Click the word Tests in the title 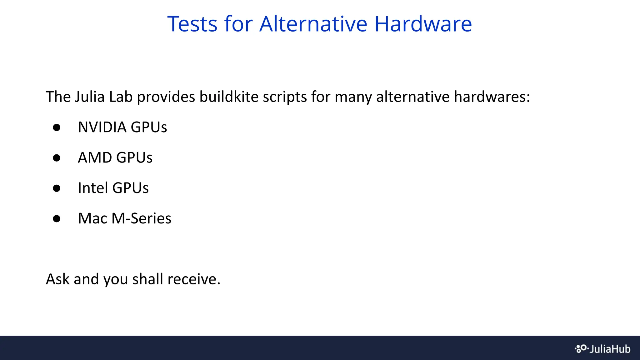coord(192,24)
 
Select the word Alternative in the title coord(313,24)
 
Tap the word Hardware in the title coord(423,24)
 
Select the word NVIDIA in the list coord(102,127)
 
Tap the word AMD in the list coord(95,157)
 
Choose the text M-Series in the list coord(141,218)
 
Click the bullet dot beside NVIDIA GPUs coord(57,127)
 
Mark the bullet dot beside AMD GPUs coord(57,158)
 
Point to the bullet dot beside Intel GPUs coord(57,188)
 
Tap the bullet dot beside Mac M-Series coord(57,218)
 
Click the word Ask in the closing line coord(57,279)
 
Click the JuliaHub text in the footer coord(610,349)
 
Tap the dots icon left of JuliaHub coord(581,349)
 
